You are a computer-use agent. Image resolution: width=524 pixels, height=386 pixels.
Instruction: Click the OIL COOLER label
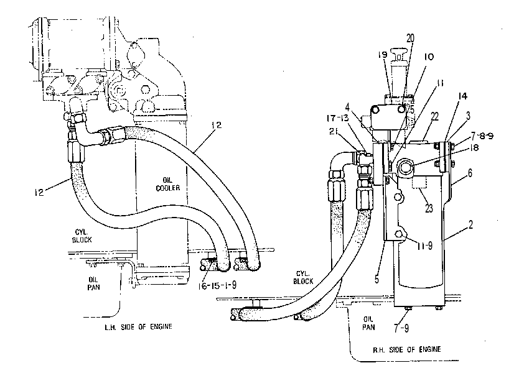168,185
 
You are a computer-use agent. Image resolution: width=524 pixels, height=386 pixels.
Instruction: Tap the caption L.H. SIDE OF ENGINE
138,327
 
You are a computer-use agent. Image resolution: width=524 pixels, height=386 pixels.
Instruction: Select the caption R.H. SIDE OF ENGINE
407,349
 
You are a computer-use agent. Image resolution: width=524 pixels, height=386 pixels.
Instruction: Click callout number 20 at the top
410,39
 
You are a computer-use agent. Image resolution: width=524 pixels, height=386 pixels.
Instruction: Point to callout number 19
383,55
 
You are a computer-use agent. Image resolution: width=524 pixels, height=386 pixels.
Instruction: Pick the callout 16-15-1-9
217,285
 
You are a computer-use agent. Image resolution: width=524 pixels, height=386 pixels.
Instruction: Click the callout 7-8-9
482,136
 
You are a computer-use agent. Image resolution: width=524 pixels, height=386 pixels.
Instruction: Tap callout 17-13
337,118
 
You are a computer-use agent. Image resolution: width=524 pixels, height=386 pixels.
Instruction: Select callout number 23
429,209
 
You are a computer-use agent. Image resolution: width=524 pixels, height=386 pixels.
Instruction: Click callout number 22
434,116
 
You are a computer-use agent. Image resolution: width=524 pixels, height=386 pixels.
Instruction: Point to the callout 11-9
424,246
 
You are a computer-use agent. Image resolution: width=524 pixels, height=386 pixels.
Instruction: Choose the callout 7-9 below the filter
401,329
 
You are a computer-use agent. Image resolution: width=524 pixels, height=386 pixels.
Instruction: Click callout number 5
377,279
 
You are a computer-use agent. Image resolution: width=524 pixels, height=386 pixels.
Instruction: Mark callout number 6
470,173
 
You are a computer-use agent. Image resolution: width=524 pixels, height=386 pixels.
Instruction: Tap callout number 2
470,225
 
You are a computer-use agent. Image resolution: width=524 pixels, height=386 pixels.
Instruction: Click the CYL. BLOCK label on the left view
82,236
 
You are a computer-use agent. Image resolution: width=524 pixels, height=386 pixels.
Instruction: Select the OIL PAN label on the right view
368,323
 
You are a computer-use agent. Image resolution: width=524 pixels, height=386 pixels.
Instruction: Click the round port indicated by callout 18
405,166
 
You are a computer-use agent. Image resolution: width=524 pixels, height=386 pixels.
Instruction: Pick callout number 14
462,96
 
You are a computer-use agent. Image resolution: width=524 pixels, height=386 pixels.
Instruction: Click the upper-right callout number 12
217,125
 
